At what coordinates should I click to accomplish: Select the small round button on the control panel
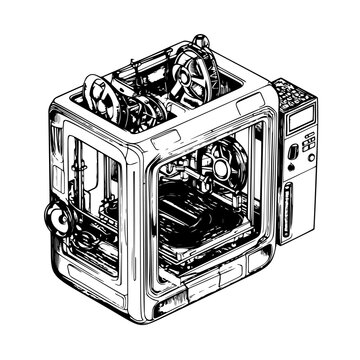pos(292,152)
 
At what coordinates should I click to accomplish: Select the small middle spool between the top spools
pos(141,113)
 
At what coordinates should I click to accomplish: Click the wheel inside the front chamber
pos(220,162)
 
